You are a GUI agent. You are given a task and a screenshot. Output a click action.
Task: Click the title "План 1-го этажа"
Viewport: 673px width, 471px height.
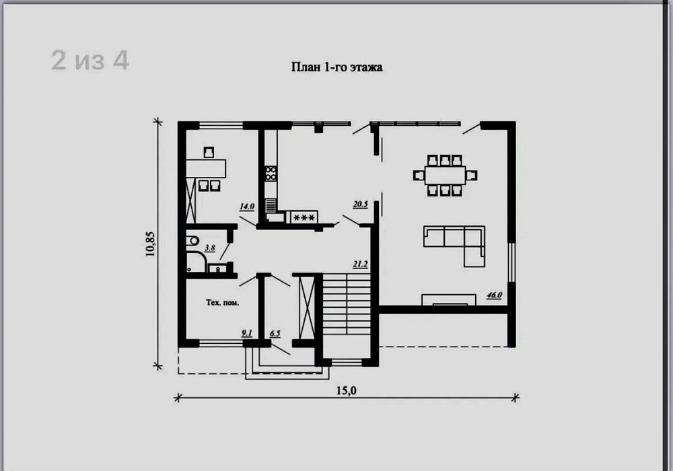(x=337, y=67)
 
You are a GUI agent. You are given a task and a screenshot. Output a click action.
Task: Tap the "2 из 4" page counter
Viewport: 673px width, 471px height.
(x=90, y=60)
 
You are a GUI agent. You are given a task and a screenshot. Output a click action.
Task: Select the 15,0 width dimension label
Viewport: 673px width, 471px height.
(x=346, y=390)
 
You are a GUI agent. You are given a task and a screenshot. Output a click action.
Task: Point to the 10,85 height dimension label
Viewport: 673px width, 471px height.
(x=150, y=244)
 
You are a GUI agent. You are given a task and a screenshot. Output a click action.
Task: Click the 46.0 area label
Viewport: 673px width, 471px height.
(x=494, y=295)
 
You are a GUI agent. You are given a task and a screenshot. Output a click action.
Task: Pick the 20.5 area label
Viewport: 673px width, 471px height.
(x=361, y=204)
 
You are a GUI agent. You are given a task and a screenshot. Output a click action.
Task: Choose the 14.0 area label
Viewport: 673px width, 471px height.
(x=247, y=207)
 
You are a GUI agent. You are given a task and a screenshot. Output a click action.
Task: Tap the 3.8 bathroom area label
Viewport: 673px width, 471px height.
(x=209, y=248)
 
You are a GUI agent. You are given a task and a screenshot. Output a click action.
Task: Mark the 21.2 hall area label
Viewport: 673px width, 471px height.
(x=361, y=264)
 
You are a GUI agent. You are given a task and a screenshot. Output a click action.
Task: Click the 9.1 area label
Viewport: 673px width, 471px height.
(x=247, y=333)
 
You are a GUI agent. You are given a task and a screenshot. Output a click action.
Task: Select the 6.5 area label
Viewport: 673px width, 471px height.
(x=275, y=333)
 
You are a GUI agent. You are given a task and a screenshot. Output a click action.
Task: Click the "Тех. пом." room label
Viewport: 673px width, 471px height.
(x=222, y=303)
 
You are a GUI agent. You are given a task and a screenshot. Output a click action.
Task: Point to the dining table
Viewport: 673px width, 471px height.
(x=445, y=176)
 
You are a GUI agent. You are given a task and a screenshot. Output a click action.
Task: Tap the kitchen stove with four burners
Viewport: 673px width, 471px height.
(x=271, y=174)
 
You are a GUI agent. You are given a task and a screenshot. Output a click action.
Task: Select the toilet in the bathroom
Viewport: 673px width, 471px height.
(x=192, y=240)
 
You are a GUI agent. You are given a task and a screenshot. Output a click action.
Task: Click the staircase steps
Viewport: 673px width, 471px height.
(x=347, y=305)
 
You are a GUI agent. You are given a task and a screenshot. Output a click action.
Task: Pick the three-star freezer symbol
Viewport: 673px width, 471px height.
(x=304, y=217)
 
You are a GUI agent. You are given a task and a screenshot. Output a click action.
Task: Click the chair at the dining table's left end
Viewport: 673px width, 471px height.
(x=419, y=176)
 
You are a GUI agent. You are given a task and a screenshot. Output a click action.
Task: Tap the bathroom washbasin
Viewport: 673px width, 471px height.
(x=217, y=269)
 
